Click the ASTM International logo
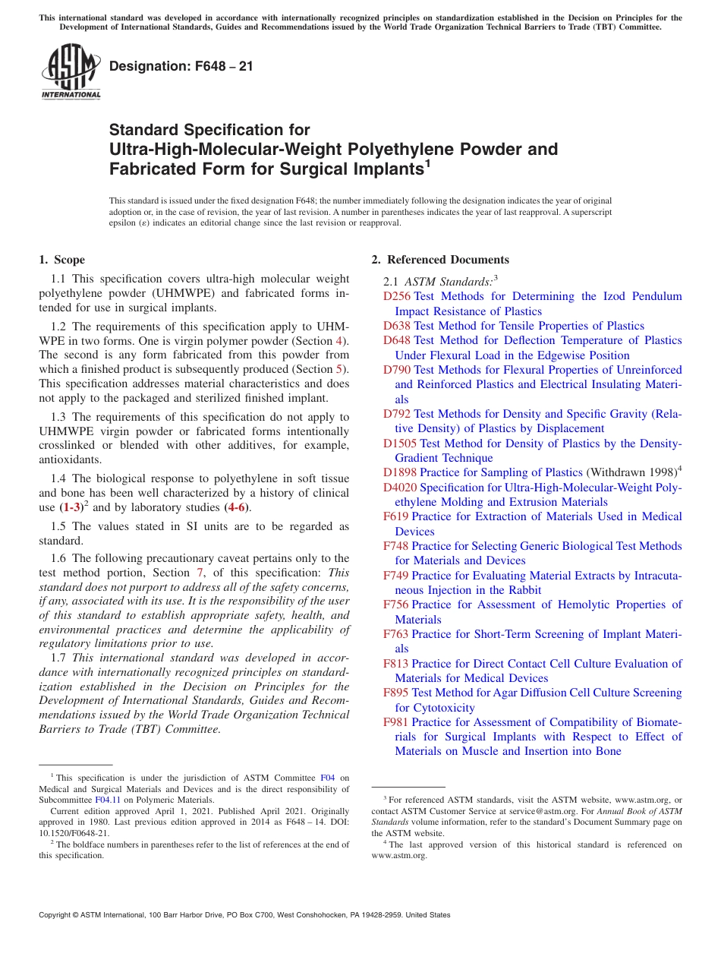(x=71, y=72)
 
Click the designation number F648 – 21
(x=181, y=66)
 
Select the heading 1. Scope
(x=62, y=260)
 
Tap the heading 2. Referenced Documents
(x=440, y=260)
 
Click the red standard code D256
(x=397, y=296)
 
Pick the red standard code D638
(x=397, y=326)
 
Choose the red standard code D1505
(x=400, y=444)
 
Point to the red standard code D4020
(x=400, y=488)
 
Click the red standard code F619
(x=396, y=517)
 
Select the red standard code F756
(x=396, y=605)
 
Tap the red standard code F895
(x=396, y=693)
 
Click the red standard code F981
(x=396, y=723)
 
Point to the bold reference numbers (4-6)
(x=237, y=508)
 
